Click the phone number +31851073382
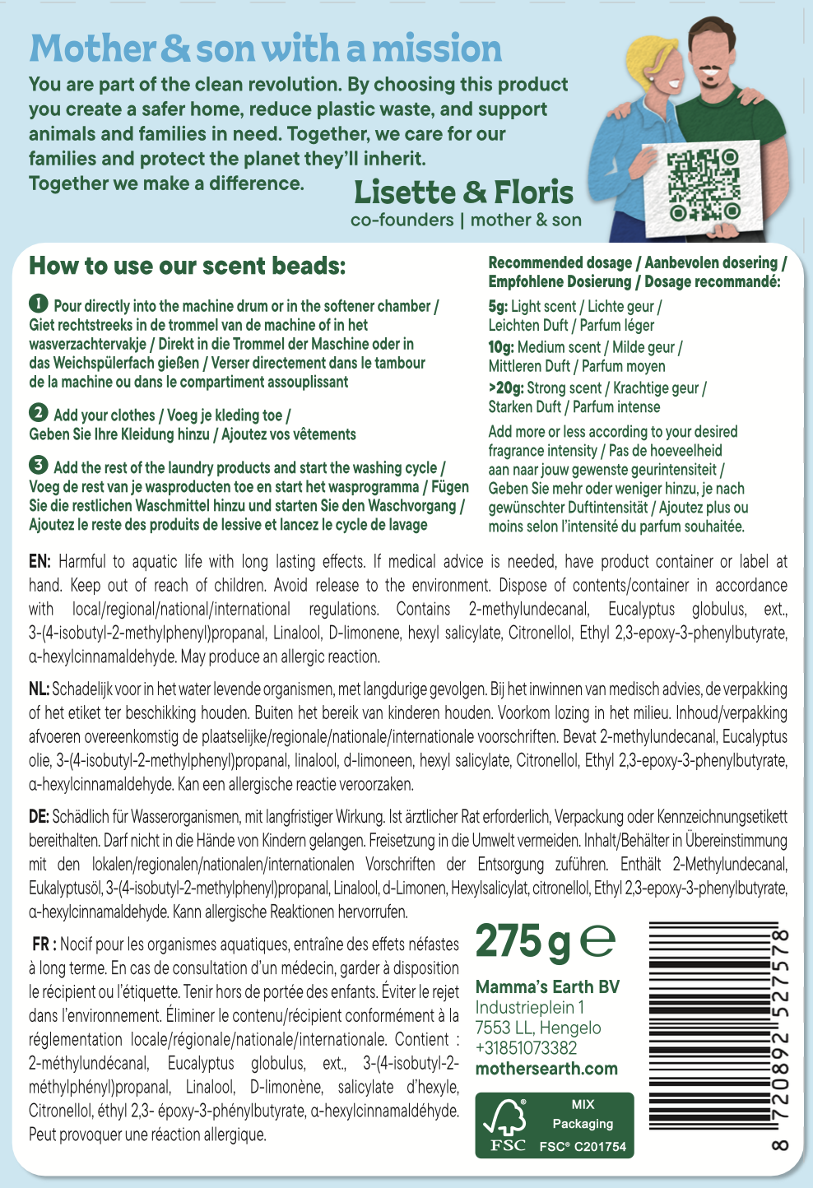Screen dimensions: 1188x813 (x=526, y=1048)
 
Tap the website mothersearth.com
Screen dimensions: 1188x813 (x=546, y=1069)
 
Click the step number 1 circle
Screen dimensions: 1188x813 (x=39, y=304)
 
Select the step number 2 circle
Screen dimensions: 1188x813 (x=39, y=413)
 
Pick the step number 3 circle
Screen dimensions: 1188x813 (x=39, y=466)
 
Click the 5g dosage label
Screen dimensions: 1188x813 (x=498, y=307)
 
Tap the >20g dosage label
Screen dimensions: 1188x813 (x=505, y=388)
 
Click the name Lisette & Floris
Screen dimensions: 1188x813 (x=463, y=193)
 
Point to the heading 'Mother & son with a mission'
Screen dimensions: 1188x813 (x=265, y=49)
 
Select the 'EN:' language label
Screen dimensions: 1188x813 (x=40, y=562)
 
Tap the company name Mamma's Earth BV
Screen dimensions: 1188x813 (x=547, y=987)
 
